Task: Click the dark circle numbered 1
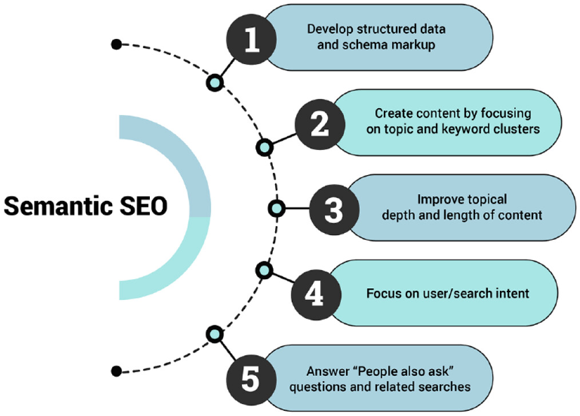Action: tap(251, 42)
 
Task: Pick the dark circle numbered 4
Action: tap(316, 294)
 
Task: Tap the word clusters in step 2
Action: tap(518, 129)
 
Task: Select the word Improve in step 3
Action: tap(438, 200)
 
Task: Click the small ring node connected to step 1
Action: tap(214, 82)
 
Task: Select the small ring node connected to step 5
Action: tap(214, 333)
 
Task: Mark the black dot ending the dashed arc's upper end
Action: tap(117, 44)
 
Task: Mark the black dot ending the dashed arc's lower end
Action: tap(117, 371)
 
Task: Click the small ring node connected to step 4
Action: tap(264, 269)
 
